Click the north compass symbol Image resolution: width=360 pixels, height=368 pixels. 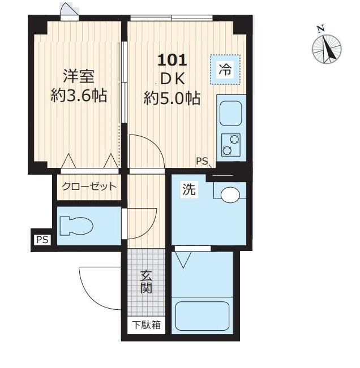click(x=327, y=46)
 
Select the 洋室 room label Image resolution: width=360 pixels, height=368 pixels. click(x=78, y=76)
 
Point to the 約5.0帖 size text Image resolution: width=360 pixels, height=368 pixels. click(x=172, y=99)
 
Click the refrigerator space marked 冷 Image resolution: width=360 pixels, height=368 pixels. click(x=225, y=70)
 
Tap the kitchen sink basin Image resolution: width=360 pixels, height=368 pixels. click(x=231, y=114)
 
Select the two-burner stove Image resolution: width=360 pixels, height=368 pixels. click(x=230, y=144)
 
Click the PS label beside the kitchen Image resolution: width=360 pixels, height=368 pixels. click(x=202, y=161)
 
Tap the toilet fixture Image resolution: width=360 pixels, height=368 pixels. click(x=78, y=227)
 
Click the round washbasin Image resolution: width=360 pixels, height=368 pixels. click(x=230, y=196)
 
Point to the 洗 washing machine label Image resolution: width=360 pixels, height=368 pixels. click(x=188, y=191)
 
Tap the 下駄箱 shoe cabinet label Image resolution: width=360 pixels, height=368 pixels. click(x=146, y=325)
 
